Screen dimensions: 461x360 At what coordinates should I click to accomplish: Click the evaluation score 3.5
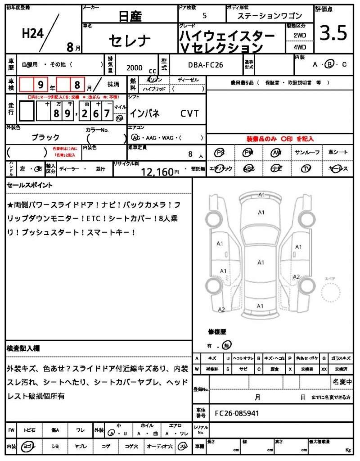333,33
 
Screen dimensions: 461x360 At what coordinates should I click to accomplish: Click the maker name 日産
130,17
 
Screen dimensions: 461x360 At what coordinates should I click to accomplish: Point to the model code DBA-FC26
206,65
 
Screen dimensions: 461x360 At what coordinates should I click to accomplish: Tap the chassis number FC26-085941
237,413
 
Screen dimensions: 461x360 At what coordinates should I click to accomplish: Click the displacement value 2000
134,68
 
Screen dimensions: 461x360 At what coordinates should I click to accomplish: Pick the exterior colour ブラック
45,137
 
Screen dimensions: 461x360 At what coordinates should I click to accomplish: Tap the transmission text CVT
189,113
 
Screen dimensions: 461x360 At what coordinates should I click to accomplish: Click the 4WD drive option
300,47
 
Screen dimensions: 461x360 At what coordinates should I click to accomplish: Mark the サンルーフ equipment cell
307,153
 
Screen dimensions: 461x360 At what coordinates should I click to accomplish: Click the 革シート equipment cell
338,153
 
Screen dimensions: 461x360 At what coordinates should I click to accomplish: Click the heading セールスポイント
30,185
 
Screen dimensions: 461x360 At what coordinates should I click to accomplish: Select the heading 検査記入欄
23,348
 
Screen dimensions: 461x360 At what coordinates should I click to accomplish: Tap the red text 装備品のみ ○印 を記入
279,139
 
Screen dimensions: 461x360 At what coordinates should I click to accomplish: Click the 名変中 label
342,382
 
